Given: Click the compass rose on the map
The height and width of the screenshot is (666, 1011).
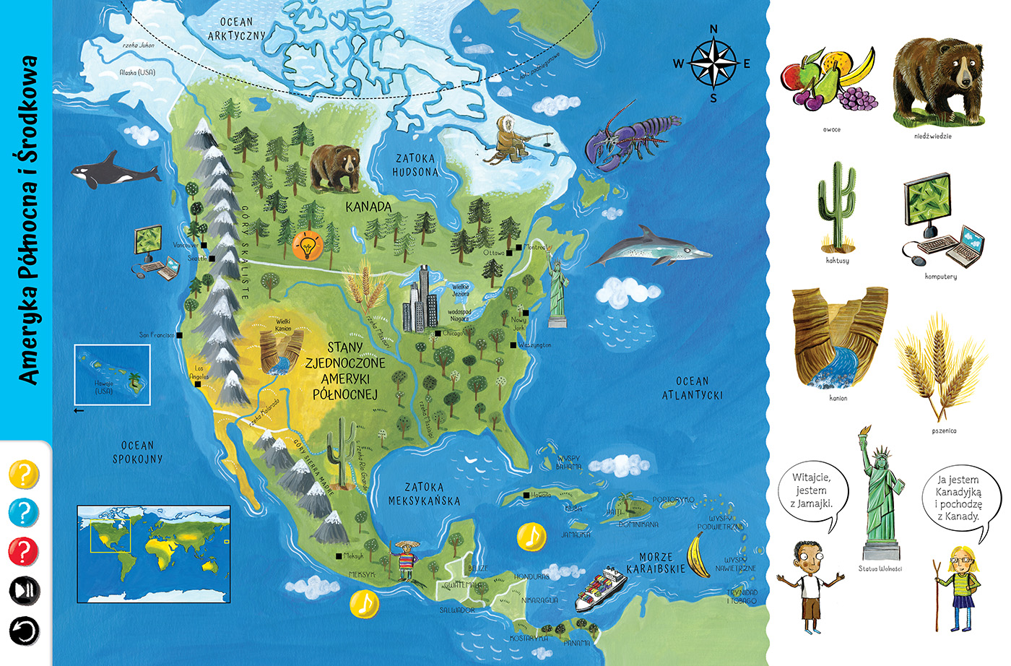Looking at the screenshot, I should pos(713,64).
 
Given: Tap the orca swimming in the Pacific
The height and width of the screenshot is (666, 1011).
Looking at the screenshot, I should pos(114,170).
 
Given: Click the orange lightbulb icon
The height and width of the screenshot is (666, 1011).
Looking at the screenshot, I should pos(308,246).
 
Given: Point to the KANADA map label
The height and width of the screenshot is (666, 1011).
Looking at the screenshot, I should pos(368,207).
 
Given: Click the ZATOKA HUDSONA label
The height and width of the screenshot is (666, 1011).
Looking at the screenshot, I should pos(415,165).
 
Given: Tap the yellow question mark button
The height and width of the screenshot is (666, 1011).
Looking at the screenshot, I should pos(23,475).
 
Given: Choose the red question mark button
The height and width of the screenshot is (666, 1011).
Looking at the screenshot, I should pos(23,552).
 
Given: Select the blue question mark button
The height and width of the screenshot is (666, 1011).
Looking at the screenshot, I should pos(23,514).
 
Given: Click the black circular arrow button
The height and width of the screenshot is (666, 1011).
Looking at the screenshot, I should pos(23,630).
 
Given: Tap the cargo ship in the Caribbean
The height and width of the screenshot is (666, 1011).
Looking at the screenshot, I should pos(600,588).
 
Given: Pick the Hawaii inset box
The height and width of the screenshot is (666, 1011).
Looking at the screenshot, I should pos(112,374).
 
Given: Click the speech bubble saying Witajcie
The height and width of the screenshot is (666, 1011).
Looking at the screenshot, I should pos(811,492).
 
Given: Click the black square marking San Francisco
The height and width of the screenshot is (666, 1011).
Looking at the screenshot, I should pos(179,335).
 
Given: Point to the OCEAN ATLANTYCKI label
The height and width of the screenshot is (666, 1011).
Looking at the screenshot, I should pos(692,388).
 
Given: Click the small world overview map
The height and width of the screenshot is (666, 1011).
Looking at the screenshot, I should pos(154,554).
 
